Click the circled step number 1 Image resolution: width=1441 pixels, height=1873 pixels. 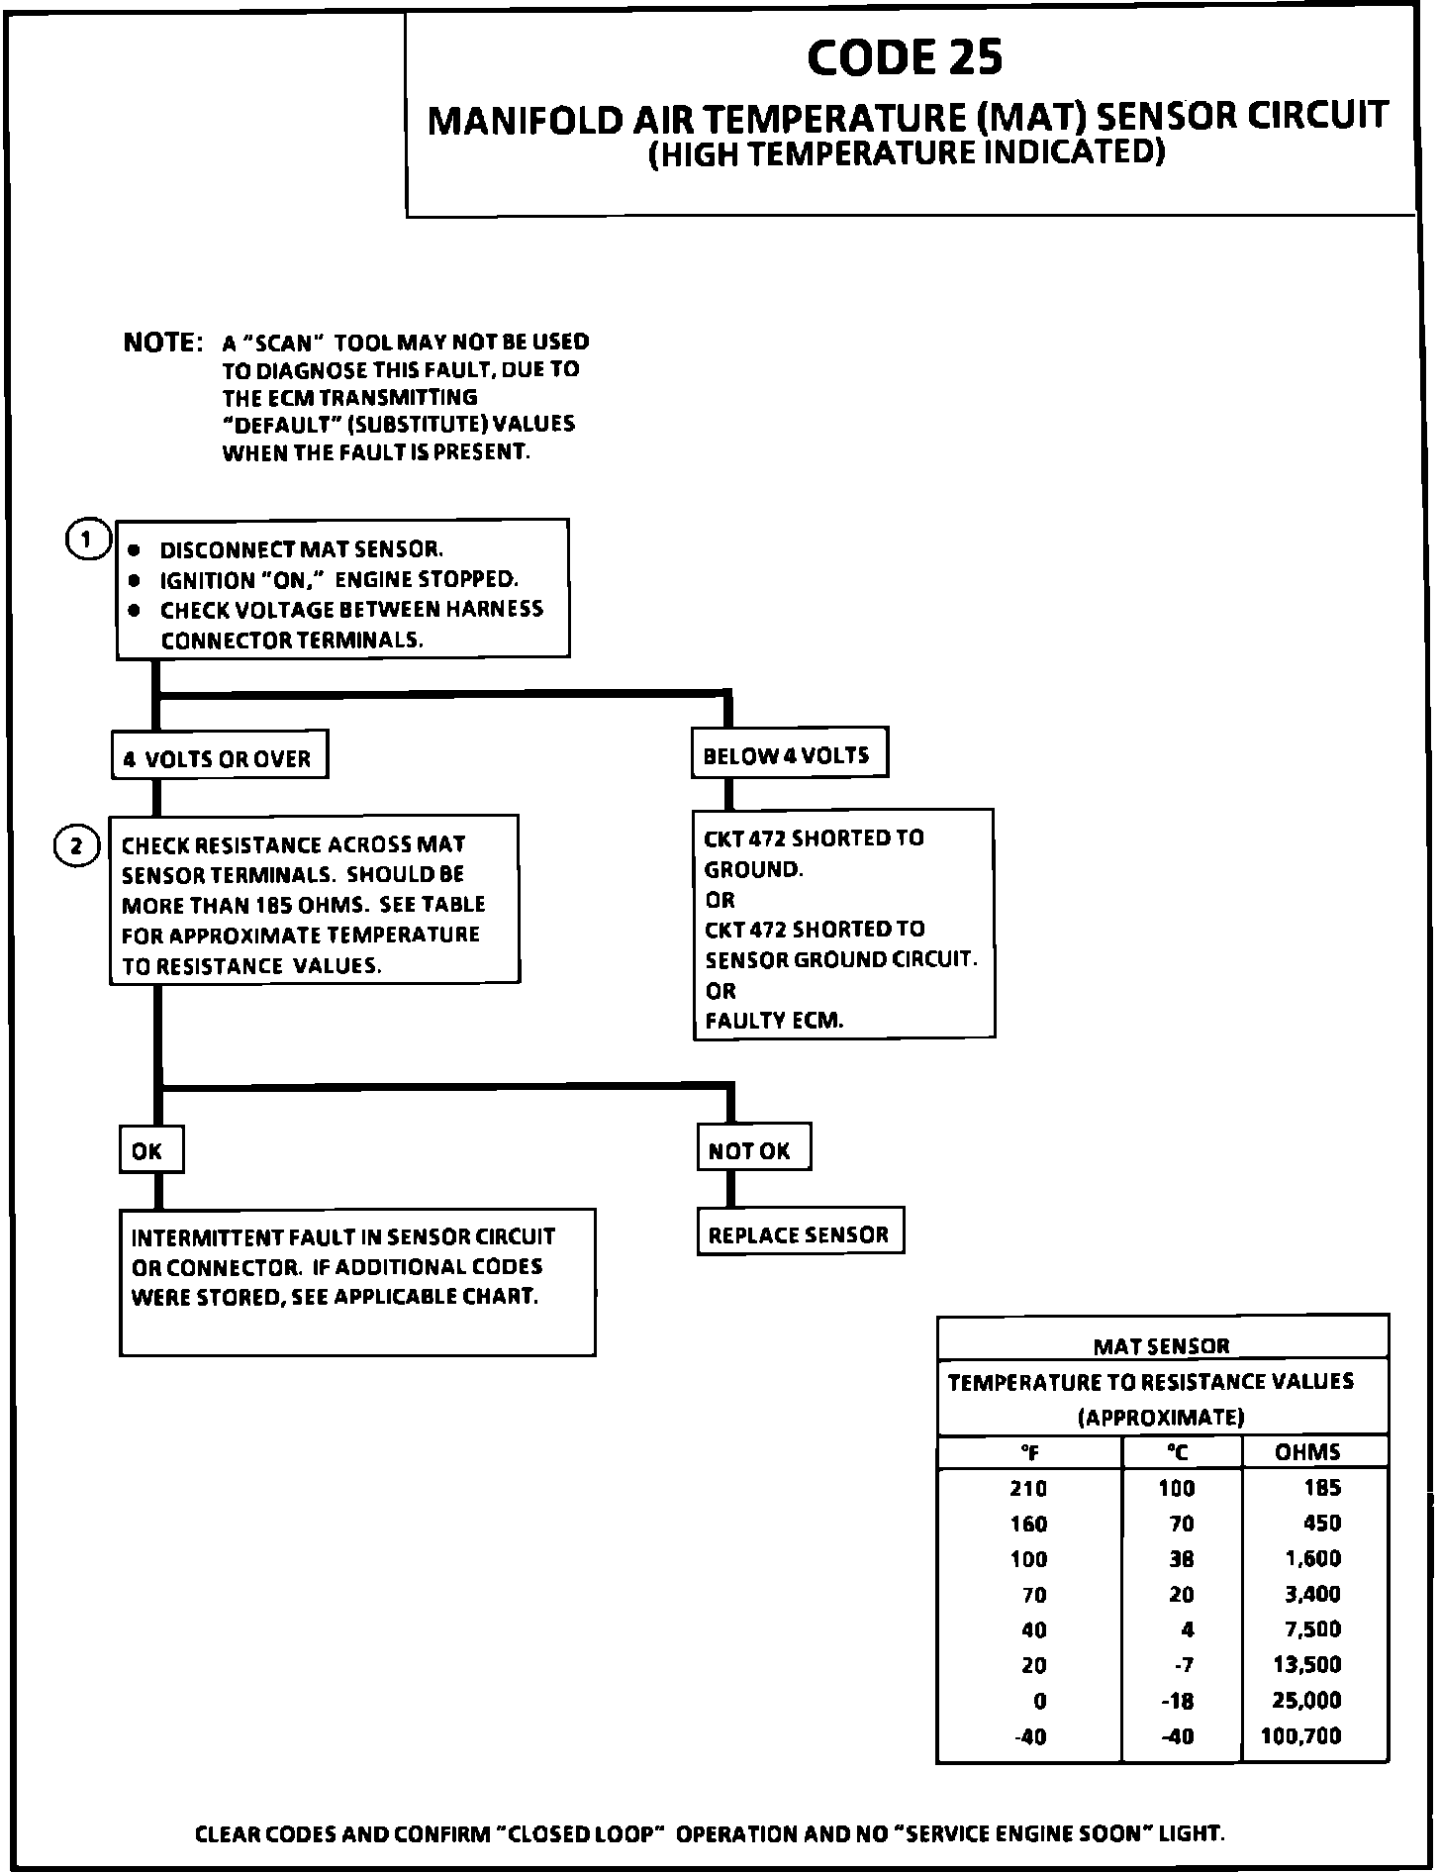88,541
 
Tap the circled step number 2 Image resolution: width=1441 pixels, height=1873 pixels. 76,846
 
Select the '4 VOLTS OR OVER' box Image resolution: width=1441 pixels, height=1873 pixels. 219,758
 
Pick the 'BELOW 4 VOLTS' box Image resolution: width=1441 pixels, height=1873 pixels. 788,755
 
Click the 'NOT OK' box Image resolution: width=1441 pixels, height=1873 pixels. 753,1150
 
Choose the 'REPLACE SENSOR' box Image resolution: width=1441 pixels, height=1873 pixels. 800,1234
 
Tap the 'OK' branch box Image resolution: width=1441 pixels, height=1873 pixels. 150,1150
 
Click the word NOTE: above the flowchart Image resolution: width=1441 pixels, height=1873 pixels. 162,343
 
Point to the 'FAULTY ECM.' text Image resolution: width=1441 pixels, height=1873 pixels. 774,1021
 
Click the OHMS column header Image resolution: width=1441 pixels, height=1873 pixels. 1307,1452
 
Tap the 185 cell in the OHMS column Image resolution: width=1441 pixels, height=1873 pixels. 1322,1488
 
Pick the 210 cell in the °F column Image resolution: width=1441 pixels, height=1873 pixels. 1028,1488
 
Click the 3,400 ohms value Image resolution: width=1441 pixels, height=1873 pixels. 1313,1594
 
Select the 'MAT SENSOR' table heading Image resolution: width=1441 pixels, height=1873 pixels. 1161,1346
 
